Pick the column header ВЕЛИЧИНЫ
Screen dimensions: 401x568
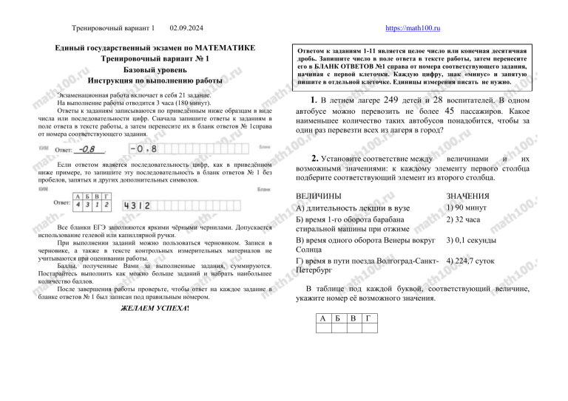(318, 196)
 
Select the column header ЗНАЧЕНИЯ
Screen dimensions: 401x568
(470, 196)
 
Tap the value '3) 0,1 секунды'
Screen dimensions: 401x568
(476, 241)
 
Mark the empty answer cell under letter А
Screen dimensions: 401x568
(321, 328)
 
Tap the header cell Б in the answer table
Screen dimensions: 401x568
(337, 317)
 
